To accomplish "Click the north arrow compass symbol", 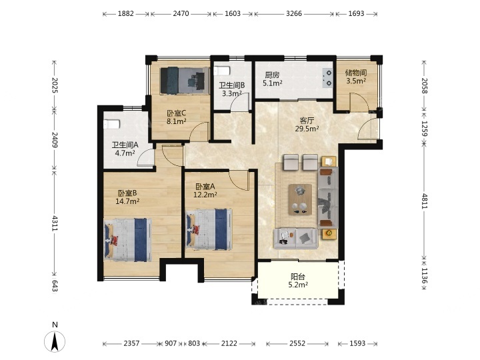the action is click(55, 341).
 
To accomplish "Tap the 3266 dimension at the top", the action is click(294, 13).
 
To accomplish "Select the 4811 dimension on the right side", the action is click(424, 201).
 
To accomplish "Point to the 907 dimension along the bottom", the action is click(171, 343).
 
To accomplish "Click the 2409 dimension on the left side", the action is click(54, 139).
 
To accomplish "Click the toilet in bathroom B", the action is click(221, 71).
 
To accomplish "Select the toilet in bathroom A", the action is click(111, 124).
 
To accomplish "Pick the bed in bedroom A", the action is click(209, 229).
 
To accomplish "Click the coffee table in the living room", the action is click(300, 199).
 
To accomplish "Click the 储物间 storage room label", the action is click(356, 73).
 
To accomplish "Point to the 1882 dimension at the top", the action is click(126, 13).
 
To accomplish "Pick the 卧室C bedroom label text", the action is click(176, 113).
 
